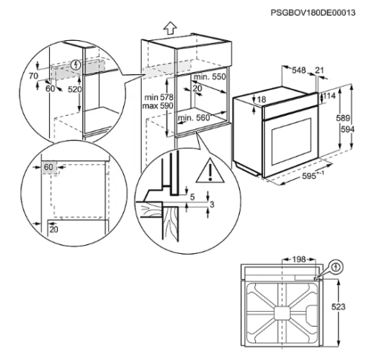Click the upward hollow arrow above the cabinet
pyautogui.click(x=170, y=27)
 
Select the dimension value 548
pyautogui.click(x=300, y=71)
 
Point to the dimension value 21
pyautogui.click(x=320, y=71)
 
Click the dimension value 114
pyautogui.click(x=330, y=96)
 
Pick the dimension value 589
pyautogui.click(x=344, y=118)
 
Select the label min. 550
pyautogui.click(x=209, y=77)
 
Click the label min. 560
pyautogui.click(x=194, y=118)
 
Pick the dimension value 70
pyautogui.click(x=33, y=76)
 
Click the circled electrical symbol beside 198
pyautogui.click(x=337, y=265)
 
